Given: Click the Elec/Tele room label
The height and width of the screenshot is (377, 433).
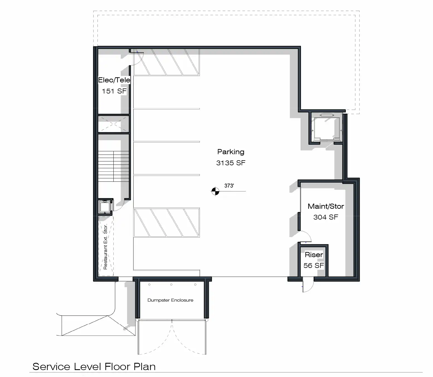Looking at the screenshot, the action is (x=114, y=80).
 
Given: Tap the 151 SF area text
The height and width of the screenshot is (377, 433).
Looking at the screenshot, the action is (x=114, y=91).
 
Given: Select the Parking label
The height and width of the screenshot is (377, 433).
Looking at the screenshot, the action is (x=231, y=152).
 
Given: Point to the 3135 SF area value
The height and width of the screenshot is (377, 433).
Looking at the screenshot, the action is (x=231, y=163).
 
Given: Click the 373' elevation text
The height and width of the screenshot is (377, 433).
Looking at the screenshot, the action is (x=229, y=186).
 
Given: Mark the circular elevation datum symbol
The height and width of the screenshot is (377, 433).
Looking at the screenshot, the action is (x=215, y=191).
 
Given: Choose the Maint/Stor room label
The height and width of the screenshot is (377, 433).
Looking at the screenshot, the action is (x=326, y=206).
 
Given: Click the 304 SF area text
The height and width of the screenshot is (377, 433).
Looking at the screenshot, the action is (x=326, y=217).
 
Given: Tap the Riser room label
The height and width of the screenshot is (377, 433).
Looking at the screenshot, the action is (x=314, y=255).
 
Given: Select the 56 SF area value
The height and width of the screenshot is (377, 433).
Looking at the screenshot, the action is (x=314, y=265).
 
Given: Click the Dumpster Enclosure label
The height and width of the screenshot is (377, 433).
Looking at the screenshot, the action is (x=170, y=300).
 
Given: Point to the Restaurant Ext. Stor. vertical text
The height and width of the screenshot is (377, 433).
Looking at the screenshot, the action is (x=105, y=247).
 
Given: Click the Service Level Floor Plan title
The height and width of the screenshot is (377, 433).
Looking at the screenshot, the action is (x=94, y=367).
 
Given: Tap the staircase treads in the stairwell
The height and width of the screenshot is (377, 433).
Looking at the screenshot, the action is (x=114, y=166).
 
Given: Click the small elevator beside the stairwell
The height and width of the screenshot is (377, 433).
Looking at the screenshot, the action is (x=105, y=206).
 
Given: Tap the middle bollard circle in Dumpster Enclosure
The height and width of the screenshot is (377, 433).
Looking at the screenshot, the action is (x=171, y=284).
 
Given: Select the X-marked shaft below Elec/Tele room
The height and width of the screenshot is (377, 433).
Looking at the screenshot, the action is (x=114, y=124).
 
